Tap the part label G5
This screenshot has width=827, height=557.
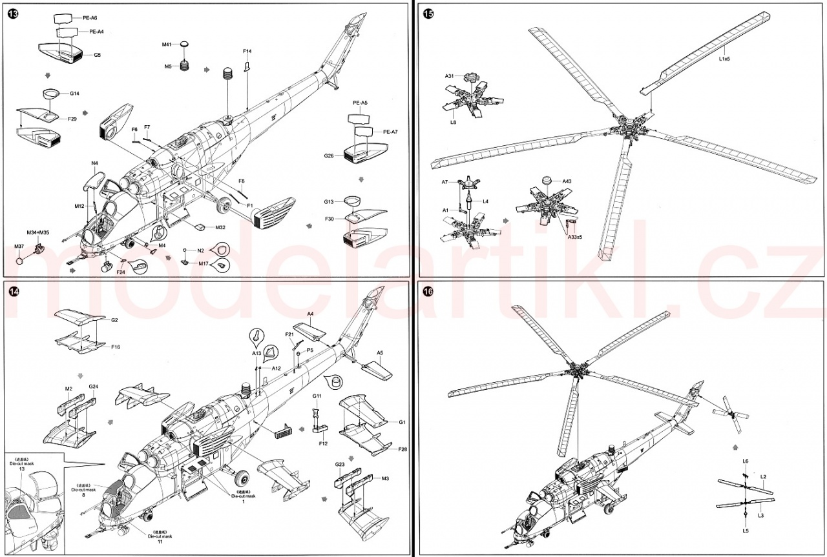[97, 55]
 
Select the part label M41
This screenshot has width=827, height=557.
[167, 44]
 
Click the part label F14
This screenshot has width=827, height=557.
[247, 51]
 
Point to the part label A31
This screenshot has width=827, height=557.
[450, 76]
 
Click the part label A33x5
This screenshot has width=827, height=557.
[574, 237]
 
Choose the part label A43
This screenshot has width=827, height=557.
[567, 181]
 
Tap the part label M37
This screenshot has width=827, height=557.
[19, 247]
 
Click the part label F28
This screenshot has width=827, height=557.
[403, 449]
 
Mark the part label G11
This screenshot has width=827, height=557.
[317, 396]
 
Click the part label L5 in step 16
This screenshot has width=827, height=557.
[746, 531]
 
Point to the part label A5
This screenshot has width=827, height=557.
[380, 353]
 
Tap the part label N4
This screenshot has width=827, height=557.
[94, 163]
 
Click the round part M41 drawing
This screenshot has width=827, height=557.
[184, 44]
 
